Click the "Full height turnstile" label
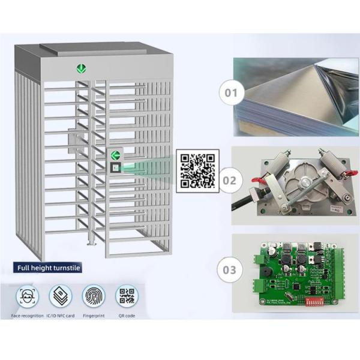point(48,268)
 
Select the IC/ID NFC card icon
point(61,296)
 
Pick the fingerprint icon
point(94,296)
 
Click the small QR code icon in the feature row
point(127,296)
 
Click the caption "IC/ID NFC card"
point(61,316)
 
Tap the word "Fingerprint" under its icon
point(94,316)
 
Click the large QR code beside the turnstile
point(197,172)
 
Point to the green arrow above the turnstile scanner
point(114,155)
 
